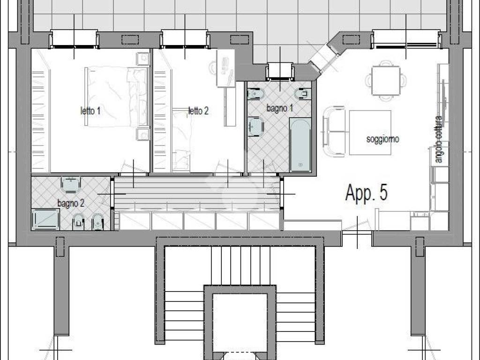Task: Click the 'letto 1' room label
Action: [90, 111]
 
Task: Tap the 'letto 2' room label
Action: [198, 111]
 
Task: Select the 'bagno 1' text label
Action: [280, 108]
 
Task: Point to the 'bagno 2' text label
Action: [71, 203]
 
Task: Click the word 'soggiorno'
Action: [383, 139]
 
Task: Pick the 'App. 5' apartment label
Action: [367, 192]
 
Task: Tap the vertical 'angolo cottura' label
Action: [439, 139]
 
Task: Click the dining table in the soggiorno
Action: [386, 80]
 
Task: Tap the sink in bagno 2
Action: [71, 185]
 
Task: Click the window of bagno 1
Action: [280, 72]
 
